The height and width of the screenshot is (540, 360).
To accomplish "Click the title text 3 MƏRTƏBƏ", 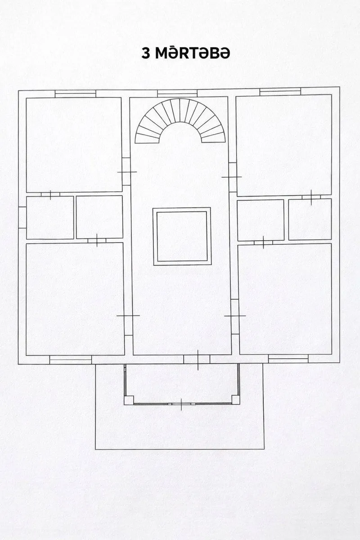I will [186, 54].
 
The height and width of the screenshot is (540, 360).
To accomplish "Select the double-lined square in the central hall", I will [182, 236].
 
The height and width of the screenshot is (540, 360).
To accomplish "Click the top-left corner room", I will [74, 144].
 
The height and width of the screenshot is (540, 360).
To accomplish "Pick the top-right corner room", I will [283, 144].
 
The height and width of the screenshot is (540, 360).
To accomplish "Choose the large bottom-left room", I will [75, 299].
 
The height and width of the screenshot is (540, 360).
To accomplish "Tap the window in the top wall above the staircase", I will [177, 94].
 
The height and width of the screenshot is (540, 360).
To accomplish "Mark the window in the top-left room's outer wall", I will [75, 94].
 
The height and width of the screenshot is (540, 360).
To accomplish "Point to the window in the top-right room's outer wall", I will [280, 92].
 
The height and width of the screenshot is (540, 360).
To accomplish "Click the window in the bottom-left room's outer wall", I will [70, 360].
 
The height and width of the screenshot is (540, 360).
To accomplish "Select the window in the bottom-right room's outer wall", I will [288, 359].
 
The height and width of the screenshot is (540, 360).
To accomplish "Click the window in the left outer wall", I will [22, 217].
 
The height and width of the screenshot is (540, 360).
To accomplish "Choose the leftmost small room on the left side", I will [50, 218].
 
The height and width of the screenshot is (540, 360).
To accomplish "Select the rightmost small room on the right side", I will [310, 219].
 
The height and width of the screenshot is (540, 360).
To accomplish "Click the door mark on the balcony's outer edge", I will [181, 404].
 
